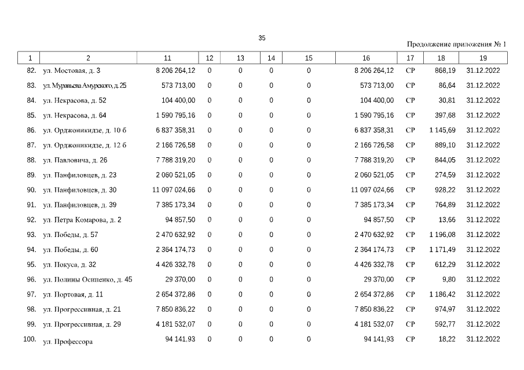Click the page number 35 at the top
coord(262,38)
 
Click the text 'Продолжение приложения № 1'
coord(456,44)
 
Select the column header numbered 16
coord(366,58)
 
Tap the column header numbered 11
coord(167,58)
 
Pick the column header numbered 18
coord(441,58)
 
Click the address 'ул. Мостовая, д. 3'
coord(71,71)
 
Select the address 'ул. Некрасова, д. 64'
coord(74,115)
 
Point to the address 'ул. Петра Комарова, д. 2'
coord(82,220)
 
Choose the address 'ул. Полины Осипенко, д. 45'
coord(87,279)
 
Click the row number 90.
coord(31,190)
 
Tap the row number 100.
coord(30,338)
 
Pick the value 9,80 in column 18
coord(449,279)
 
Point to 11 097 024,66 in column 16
coord(372,190)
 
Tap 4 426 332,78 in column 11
coord(175,264)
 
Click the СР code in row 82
coord(411,71)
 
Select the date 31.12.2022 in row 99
coord(483,324)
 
